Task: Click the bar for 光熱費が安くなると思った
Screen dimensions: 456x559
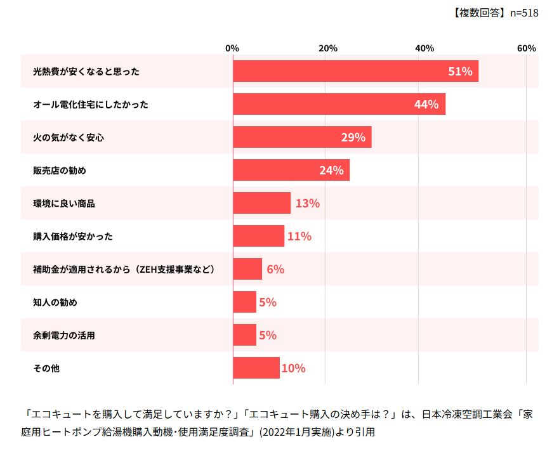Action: pos(355,71)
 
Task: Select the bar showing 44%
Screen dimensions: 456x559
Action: pos(339,104)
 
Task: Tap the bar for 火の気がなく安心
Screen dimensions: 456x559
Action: pos(302,137)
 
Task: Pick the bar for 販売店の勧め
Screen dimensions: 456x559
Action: pos(291,170)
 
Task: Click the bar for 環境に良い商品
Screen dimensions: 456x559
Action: pos(261,203)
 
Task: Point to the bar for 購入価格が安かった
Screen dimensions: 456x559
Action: pos(258,236)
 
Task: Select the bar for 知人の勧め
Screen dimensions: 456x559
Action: pos(244,302)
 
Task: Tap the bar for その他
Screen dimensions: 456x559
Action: pos(256,368)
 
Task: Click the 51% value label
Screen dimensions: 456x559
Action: pos(460,72)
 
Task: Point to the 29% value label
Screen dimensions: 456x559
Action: pos(353,138)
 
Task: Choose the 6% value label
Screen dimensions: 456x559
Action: pos(275,270)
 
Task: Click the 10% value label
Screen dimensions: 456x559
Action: pos(293,368)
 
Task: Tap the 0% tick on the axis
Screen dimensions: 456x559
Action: pos(232,49)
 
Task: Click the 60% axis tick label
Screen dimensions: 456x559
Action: pos(526,49)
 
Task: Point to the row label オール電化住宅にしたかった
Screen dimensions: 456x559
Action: pos(90,105)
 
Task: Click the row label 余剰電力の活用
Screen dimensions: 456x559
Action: pos(63,335)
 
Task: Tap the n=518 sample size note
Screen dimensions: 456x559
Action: pos(524,13)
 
